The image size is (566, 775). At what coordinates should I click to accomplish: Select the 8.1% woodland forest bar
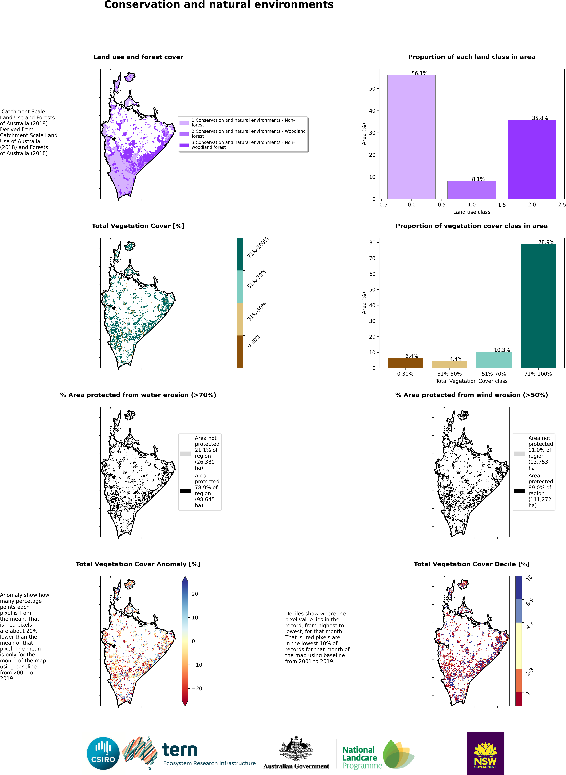pyautogui.click(x=471, y=190)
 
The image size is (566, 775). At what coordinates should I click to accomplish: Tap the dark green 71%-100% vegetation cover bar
pyautogui.click(x=538, y=306)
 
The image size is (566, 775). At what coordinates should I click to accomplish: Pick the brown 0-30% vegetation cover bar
pyautogui.click(x=405, y=363)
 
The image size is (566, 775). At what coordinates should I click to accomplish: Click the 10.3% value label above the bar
pyautogui.click(x=502, y=350)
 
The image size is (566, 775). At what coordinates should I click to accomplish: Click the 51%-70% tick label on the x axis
pyautogui.click(x=494, y=374)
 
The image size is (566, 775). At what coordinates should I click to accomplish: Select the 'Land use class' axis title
pyautogui.click(x=471, y=212)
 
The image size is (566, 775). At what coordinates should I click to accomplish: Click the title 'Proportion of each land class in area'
pyautogui.click(x=471, y=57)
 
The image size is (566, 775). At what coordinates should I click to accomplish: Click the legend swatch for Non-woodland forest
pyautogui.click(x=184, y=145)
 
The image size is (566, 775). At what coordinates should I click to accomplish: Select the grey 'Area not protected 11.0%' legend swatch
pyautogui.click(x=519, y=453)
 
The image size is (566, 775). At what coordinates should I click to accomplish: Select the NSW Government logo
pyautogui.click(x=485, y=753)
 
